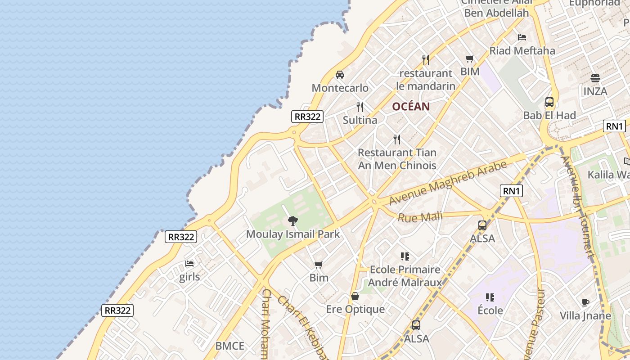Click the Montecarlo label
click(x=340, y=88)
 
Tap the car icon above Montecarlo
click(x=340, y=75)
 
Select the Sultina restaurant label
click(x=360, y=120)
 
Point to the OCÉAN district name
click(x=411, y=107)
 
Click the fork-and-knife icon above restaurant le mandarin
click(x=426, y=59)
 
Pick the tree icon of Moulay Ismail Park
click(x=292, y=221)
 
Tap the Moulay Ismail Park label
click(x=293, y=234)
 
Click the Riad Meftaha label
click(x=522, y=51)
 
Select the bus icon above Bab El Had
click(x=549, y=102)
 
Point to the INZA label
click(x=595, y=91)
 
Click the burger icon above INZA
click(x=595, y=78)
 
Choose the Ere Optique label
click(x=355, y=309)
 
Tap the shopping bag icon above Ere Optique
click(x=355, y=297)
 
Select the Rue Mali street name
click(x=420, y=218)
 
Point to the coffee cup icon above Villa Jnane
click(x=585, y=303)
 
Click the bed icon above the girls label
click(x=189, y=264)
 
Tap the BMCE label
click(x=229, y=346)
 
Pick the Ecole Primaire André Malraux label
click(x=405, y=276)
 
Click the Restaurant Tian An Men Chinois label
click(x=397, y=159)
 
